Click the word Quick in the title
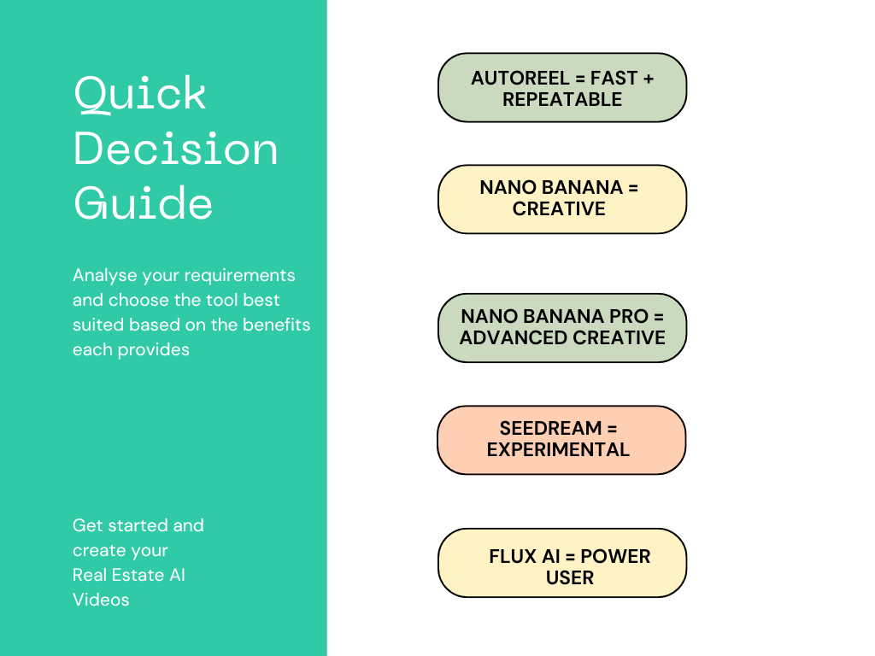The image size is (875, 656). (140, 94)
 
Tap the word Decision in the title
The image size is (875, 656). (176, 149)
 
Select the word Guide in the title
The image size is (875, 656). (144, 203)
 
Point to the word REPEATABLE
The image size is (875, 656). (562, 100)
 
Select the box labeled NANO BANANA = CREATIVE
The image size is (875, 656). (561, 198)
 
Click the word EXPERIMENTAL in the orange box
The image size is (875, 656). (558, 449)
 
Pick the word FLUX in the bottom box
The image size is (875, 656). (513, 556)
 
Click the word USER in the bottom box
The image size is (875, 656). (569, 578)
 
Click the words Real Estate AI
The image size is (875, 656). (129, 575)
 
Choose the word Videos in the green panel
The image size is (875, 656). (101, 600)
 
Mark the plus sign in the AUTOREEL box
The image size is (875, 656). (648, 79)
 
